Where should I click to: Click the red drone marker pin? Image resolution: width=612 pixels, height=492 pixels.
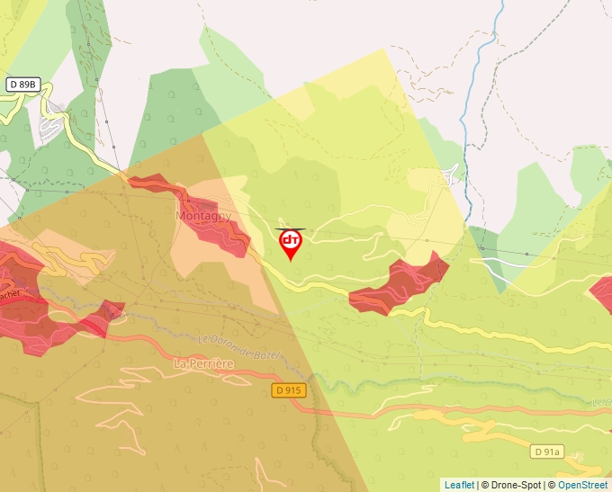(290, 243)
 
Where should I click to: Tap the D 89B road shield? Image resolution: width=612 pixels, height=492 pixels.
(24, 85)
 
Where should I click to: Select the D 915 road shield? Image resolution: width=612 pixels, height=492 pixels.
(288, 390)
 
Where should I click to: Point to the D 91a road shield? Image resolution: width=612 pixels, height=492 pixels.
(545, 452)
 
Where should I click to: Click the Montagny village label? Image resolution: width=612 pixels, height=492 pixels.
(203, 217)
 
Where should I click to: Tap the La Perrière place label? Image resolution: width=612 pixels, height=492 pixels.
(203, 363)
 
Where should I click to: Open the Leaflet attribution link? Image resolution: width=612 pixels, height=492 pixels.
(458, 485)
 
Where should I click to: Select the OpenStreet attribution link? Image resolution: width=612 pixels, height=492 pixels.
(582, 485)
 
